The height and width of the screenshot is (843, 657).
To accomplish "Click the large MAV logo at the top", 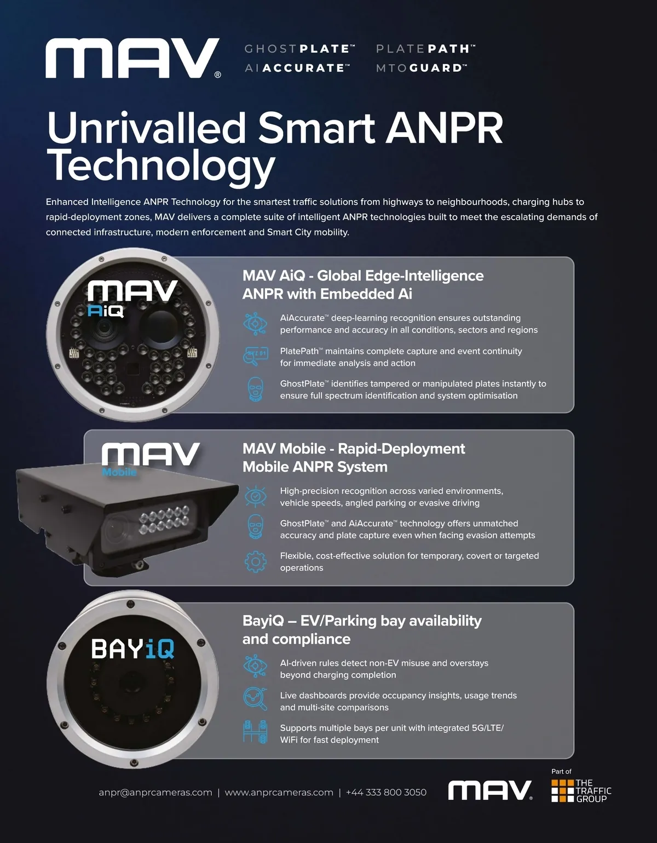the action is (x=133, y=58).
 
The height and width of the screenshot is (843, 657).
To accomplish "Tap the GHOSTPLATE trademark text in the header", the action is (x=299, y=49).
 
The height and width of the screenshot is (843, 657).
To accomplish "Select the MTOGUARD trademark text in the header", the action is (x=422, y=68).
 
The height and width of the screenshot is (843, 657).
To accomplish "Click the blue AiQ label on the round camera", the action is (x=106, y=311).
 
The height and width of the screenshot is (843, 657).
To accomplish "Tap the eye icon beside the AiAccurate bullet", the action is (x=255, y=324).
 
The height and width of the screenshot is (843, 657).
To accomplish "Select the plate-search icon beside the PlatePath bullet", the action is (x=255, y=357).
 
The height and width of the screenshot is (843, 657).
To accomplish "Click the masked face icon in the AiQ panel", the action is (x=256, y=389).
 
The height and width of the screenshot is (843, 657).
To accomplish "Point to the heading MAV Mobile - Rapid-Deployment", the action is (x=354, y=449).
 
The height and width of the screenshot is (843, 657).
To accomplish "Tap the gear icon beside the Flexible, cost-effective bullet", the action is (x=256, y=562).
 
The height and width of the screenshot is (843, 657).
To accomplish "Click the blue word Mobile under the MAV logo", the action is (x=119, y=472).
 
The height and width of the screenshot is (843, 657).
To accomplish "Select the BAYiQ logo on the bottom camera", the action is (x=132, y=649).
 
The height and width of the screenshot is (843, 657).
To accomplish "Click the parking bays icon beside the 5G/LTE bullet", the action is (x=255, y=732).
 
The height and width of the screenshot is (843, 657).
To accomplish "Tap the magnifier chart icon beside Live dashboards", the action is (x=255, y=699).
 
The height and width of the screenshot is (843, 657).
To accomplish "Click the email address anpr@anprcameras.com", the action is (x=155, y=792).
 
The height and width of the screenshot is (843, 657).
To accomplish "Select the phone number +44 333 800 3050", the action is (x=386, y=792).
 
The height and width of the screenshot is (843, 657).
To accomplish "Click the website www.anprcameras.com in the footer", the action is (x=279, y=792).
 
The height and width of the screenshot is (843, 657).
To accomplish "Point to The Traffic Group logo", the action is (x=581, y=790).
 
